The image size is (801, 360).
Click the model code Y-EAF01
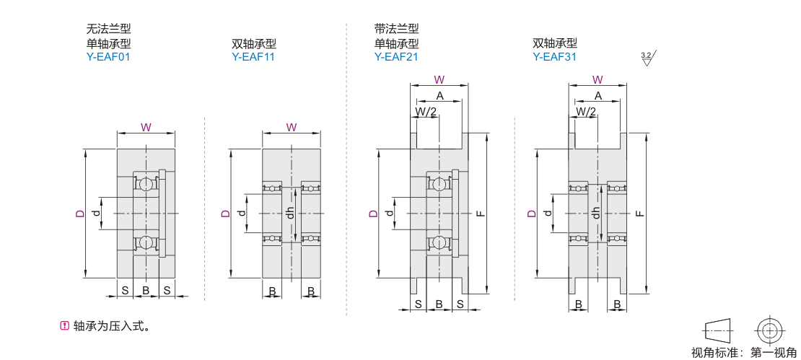click(108, 56)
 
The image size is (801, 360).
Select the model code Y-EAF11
click(253, 56)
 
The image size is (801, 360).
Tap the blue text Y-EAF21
click(396, 56)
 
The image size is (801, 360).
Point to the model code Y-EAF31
click(554, 56)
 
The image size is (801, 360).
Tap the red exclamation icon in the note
click(64, 326)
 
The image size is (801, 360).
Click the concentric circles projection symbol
click(769, 331)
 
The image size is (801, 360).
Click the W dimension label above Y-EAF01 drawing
click(146, 127)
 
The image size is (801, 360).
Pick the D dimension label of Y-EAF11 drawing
click(226, 214)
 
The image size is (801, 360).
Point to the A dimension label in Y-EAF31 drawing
click(598, 96)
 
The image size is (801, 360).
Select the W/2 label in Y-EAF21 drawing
click(426, 111)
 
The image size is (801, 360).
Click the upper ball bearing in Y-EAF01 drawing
click(146, 184)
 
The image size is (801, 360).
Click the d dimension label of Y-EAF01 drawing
click(96, 214)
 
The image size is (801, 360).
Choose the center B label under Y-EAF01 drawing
click(146, 290)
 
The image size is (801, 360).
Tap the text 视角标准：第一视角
click(745, 352)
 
